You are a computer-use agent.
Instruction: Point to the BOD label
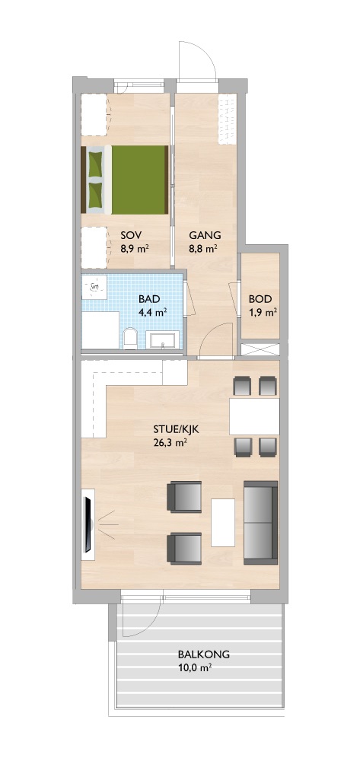(x=260, y=299)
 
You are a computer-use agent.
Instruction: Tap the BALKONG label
(x=203, y=654)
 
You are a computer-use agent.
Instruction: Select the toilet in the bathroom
(x=129, y=339)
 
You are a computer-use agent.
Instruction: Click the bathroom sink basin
(x=164, y=339)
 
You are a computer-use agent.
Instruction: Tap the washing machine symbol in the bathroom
(x=94, y=288)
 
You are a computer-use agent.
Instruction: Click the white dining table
(x=254, y=416)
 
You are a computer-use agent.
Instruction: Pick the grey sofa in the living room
(x=260, y=522)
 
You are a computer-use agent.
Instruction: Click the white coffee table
(x=223, y=522)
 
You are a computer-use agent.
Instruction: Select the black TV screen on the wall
(x=88, y=524)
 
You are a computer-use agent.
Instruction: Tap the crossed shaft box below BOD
(x=260, y=349)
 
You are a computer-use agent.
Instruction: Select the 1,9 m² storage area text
(x=263, y=312)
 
